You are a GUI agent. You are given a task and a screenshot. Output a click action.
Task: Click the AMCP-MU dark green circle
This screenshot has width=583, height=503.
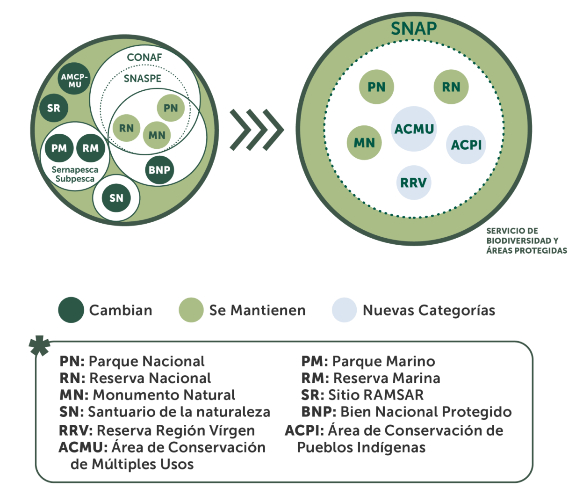point(74,79)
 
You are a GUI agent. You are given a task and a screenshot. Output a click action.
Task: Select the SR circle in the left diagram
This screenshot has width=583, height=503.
point(54,108)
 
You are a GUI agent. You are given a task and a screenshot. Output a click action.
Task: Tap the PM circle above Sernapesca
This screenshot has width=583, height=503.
point(59,148)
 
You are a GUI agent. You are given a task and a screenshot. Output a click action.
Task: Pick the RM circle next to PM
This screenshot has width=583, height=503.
point(91,148)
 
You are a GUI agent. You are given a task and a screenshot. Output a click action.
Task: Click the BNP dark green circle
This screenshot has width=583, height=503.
point(159,169)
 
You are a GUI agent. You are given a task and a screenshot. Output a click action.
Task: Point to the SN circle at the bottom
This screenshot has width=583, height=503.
point(116,198)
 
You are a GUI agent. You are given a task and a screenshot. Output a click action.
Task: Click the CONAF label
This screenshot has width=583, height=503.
point(144,58)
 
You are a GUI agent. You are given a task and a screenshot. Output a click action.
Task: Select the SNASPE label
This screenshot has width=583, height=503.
point(143,79)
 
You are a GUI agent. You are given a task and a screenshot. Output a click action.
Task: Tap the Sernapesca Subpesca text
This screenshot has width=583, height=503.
point(75,174)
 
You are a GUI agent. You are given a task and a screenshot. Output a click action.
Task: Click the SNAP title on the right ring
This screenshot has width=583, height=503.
point(414,29)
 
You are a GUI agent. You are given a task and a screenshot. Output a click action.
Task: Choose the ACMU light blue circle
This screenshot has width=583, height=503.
point(414,129)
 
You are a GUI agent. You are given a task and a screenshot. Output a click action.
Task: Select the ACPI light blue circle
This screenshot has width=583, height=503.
point(466,145)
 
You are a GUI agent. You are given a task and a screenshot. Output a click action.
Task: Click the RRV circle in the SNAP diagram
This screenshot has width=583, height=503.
point(413,182)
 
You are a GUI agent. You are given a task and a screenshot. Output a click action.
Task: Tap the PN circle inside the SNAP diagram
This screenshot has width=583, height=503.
point(376,87)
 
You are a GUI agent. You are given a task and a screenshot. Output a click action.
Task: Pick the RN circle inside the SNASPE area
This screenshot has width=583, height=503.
point(126,128)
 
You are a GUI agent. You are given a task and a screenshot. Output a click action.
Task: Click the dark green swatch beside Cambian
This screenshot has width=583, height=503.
point(71,310)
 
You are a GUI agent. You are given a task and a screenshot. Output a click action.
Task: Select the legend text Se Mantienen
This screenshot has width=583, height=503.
point(257,310)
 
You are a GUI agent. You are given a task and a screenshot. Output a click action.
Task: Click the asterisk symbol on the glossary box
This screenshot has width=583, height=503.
point(39,345)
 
